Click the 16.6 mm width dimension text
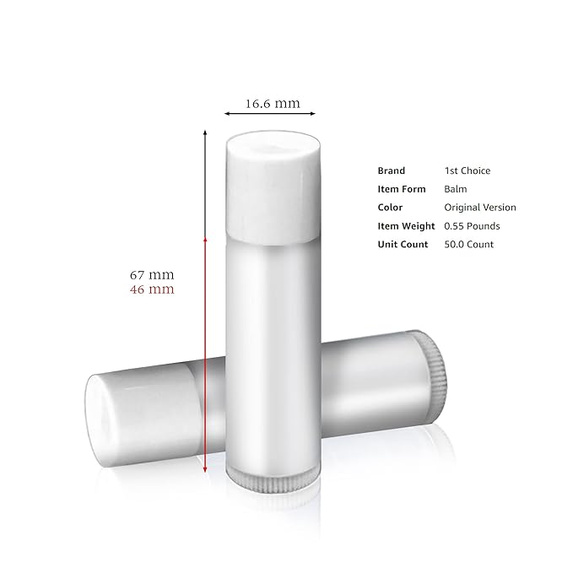click(x=273, y=104)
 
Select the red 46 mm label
click(x=152, y=289)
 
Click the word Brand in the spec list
click(x=392, y=170)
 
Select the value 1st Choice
click(x=467, y=170)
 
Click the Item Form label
click(x=402, y=189)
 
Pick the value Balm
click(x=456, y=189)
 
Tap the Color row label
click(x=391, y=208)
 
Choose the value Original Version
click(x=480, y=208)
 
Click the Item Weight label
click(x=406, y=226)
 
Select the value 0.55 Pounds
click(x=472, y=226)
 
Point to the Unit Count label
click(x=403, y=245)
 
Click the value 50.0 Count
click(x=469, y=245)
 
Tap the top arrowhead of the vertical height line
click(x=205, y=132)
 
